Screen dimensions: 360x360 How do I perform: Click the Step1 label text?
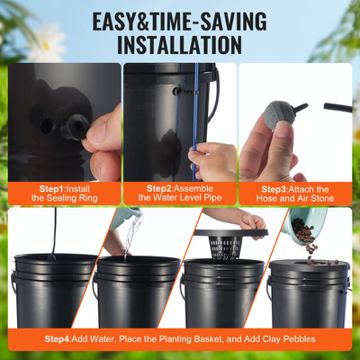click(x=42, y=188)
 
